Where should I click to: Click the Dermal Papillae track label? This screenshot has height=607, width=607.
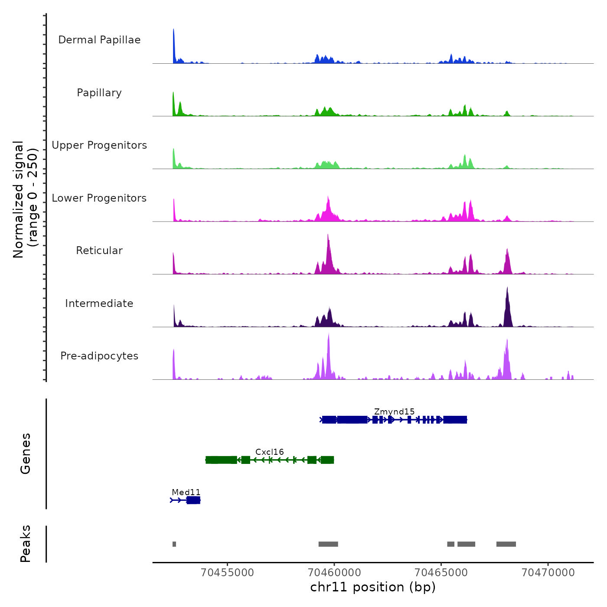coord(99,40)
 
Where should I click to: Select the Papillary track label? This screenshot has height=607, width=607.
coord(99,93)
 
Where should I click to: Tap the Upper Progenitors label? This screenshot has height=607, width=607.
coord(99,145)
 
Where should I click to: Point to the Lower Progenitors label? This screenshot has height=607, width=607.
coord(99,198)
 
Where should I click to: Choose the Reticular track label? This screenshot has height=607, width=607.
coord(99,251)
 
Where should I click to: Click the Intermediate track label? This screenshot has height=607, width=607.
coord(99,303)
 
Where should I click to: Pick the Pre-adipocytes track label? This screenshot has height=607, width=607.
coord(99,356)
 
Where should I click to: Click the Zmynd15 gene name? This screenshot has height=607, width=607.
coord(394,411)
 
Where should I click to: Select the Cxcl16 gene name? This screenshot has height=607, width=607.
coord(269,452)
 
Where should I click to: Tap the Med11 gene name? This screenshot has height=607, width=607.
coord(186,492)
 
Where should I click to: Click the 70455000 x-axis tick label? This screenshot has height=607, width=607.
coord(228,572)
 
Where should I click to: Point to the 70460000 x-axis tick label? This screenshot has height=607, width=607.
coord(334,572)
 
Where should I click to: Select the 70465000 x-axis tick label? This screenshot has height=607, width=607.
coord(441,572)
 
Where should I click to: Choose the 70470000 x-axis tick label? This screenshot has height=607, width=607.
coord(548,572)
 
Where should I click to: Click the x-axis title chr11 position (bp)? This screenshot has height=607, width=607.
coord(373,587)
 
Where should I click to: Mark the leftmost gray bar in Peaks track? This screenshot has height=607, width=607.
coord(174,544)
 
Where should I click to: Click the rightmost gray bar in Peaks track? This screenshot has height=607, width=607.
coord(506,544)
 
